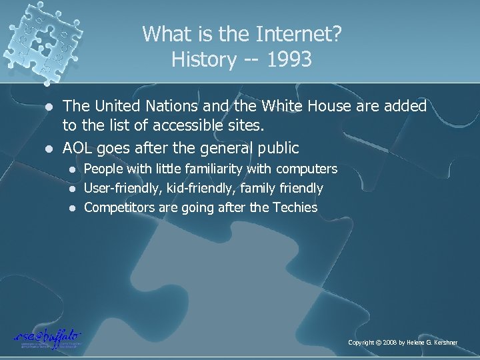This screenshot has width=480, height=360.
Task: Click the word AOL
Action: click(x=79, y=148)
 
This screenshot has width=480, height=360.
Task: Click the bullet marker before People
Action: click(x=75, y=169)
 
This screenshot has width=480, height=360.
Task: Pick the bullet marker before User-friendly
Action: click(x=75, y=189)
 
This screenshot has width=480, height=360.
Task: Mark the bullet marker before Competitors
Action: click(x=75, y=208)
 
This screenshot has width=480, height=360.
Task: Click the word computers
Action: click(x=306, y=169)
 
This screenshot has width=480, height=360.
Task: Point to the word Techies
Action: click(x=295, y=208)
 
